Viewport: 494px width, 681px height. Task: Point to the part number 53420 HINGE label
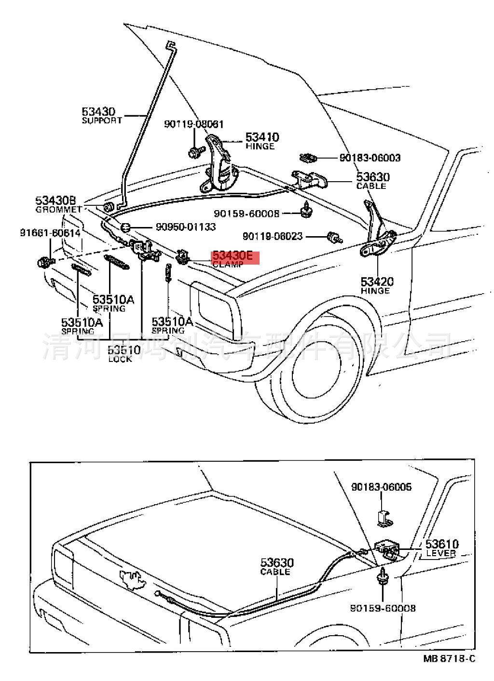[377, 281]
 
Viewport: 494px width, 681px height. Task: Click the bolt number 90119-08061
[193, 124]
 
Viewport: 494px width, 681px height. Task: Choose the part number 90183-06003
[370, 158]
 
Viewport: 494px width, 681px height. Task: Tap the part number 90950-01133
[185, 227]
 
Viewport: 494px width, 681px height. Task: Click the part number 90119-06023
[273, 236]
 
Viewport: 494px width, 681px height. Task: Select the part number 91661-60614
[50, 232]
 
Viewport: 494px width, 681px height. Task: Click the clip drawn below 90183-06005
[384, 517]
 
